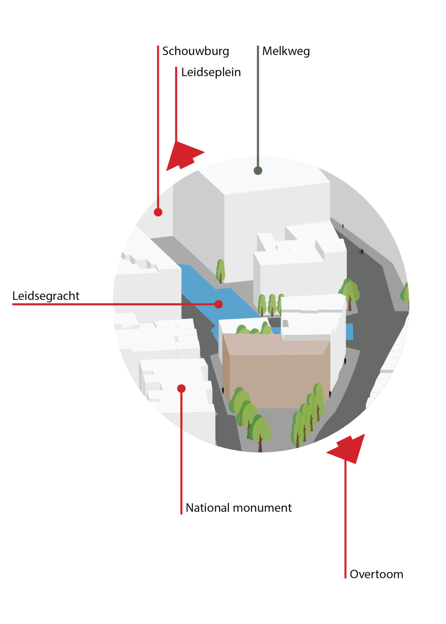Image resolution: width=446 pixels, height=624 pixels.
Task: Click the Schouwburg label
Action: pyautogui.click(x=195, y=51)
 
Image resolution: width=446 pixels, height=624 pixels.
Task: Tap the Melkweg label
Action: pyautogui.click(x=286, y=51)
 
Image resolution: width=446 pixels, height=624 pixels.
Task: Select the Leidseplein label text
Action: pyautogui.click(x=211, y=72)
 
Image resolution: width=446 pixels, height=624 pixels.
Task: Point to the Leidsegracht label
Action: pyautogui.click(x=46, y=296)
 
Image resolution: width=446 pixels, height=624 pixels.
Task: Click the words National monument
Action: pyautogui.click(x=239, y=508)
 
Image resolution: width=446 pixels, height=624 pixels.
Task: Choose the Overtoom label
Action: pyautogui.click(x=376, y=574)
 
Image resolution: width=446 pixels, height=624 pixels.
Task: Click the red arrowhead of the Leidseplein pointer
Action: pyautogui.click(x=184, y=155)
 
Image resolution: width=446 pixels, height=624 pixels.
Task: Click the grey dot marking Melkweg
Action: pyautogui.click(x=258, y=171)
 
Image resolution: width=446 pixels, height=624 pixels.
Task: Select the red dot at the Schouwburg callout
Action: pyautogui.click(x=158, y=212)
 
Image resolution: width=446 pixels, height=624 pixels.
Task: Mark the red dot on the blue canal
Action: pyautogui.click(x=219, y=304)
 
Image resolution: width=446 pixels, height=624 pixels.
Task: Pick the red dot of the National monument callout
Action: pyautogui.click(x=181, y=389)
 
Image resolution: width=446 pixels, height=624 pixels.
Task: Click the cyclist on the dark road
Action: pyautogui.click(x=361, y=252)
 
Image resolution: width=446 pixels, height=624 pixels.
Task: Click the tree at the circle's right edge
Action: pyautogui.click(x=405, y=293)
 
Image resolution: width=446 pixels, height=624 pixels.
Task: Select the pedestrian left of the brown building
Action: pyautogui.click(x=223, y=390)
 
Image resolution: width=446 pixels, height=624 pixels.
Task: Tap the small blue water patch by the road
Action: pyautogui.click(x=349, y=331)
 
